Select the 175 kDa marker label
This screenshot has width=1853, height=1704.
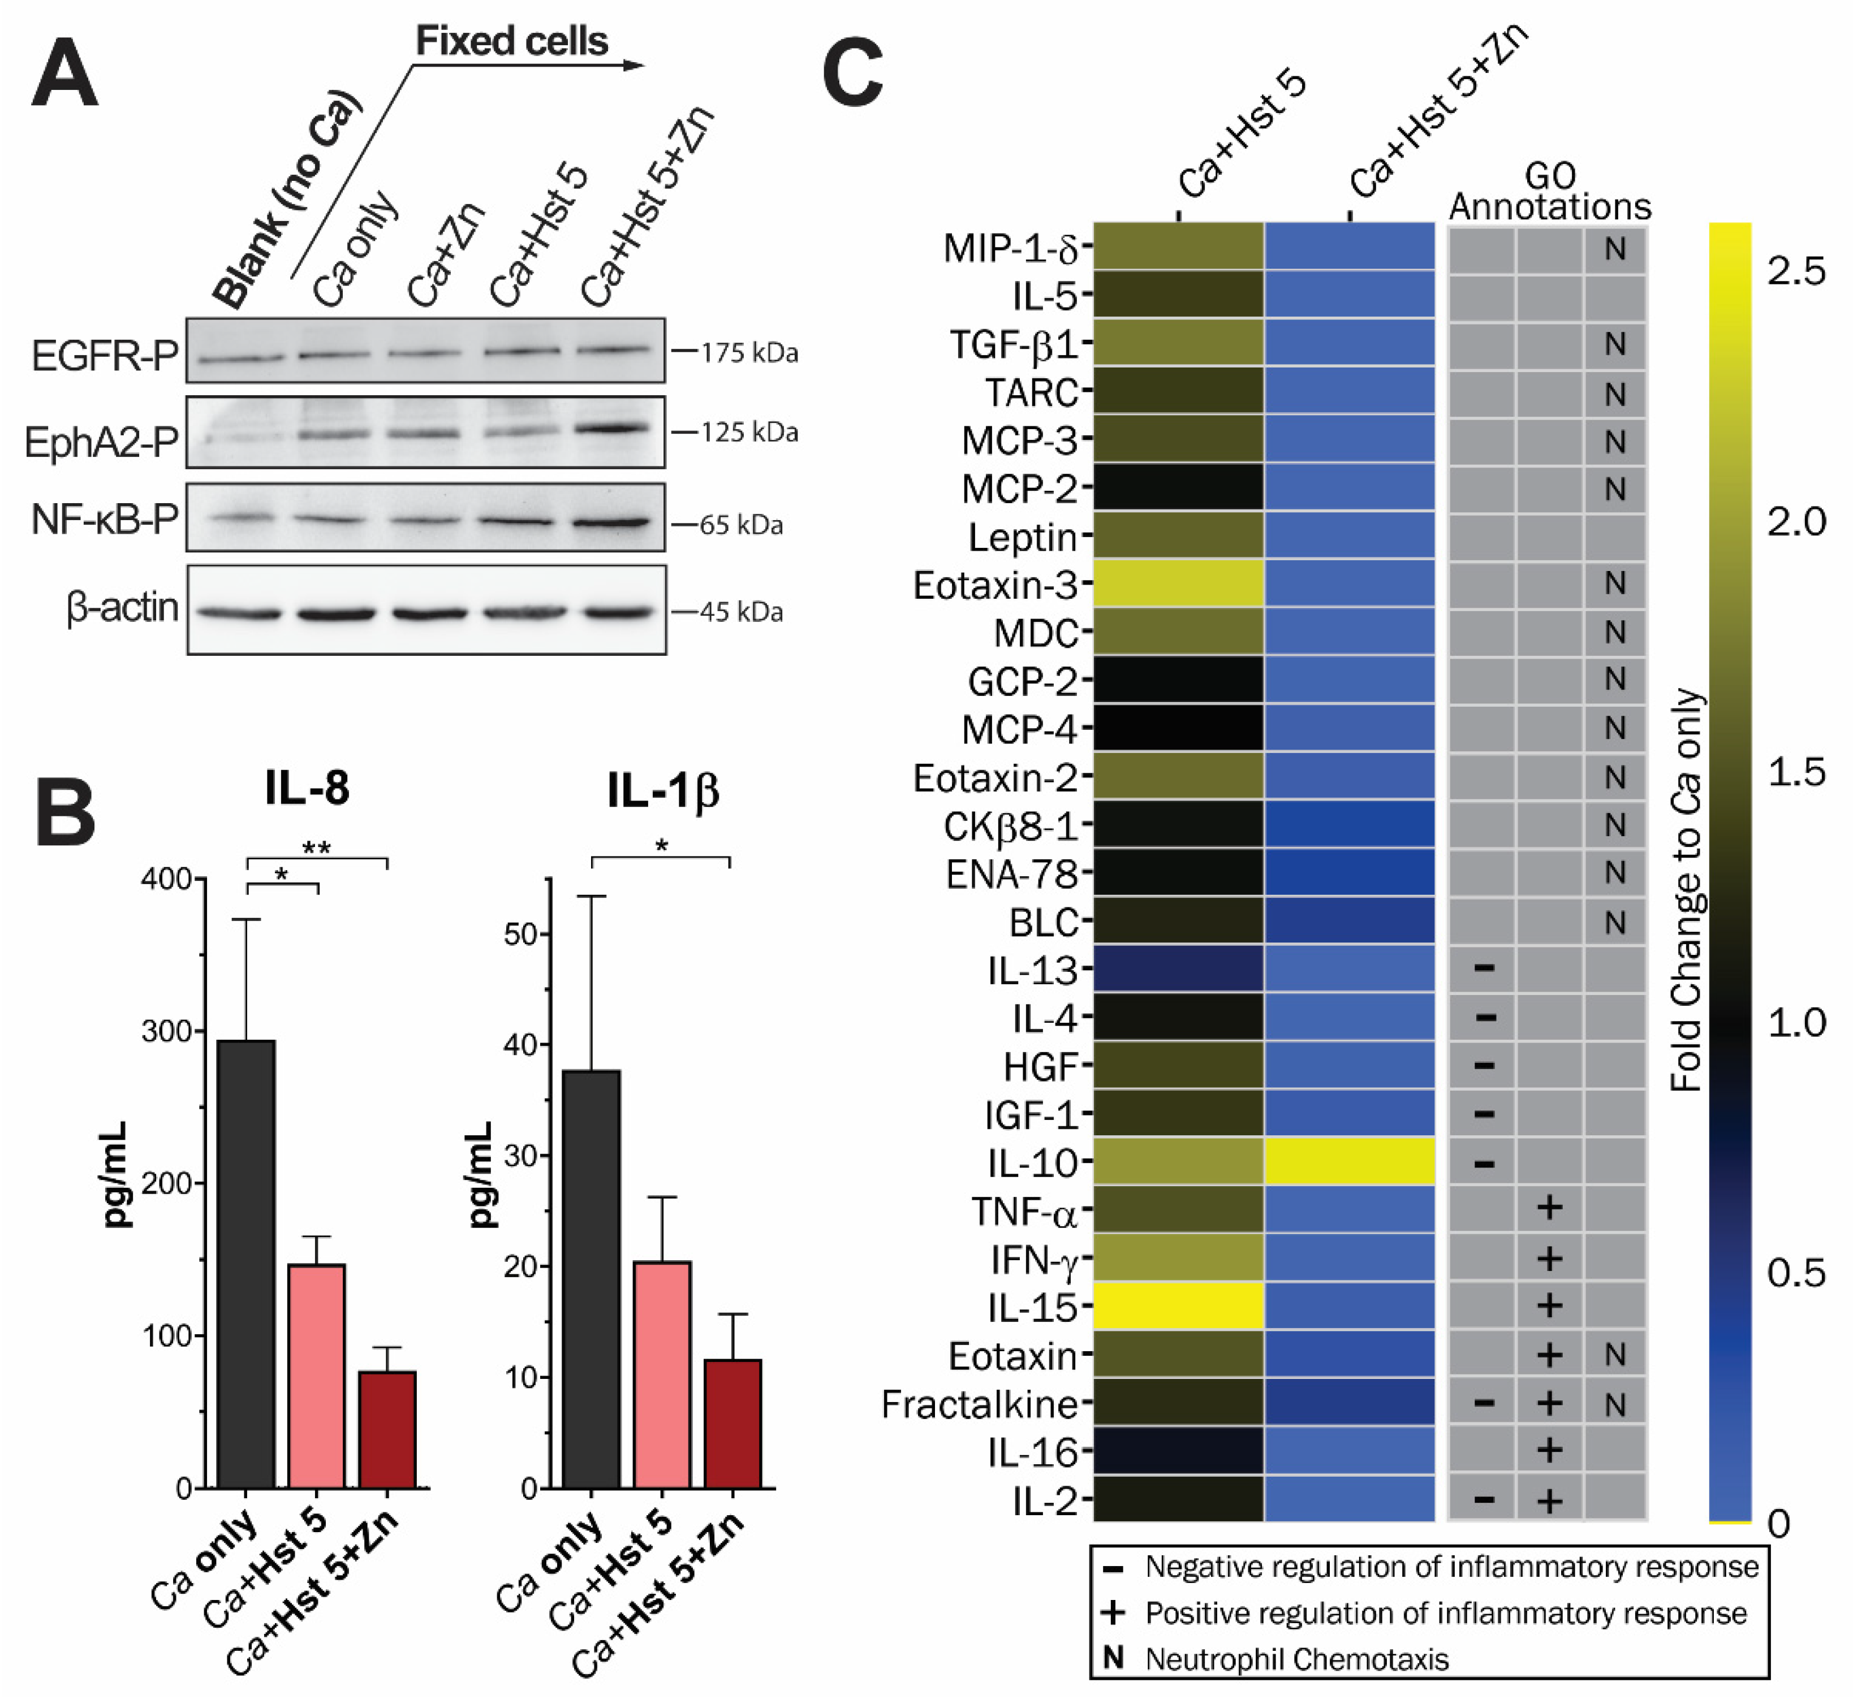pos(748,353)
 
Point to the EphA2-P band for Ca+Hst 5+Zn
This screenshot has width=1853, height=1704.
pos(613,428)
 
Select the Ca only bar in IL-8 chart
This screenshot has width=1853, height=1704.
pos(245,1263)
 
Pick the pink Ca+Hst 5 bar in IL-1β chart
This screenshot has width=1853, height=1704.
pos(662,1374)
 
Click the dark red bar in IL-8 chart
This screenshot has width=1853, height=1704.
pos(387,1429)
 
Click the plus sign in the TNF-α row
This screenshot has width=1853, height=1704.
pos(1550,1208)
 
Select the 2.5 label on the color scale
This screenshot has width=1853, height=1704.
pos(1795,271)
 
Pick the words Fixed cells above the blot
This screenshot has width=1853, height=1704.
pos(512,41)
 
